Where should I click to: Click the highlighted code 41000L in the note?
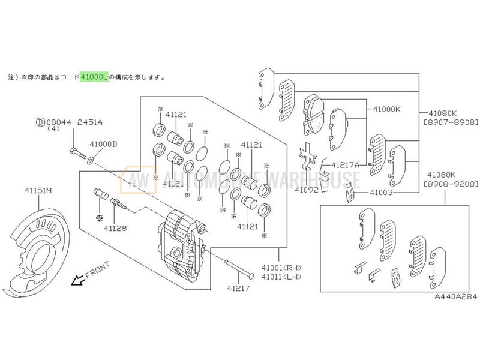(94, 77)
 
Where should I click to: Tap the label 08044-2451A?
(75, 122)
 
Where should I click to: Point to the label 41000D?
(103, 144)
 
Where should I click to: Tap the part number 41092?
(306, 190)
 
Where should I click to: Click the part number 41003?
(381, 193)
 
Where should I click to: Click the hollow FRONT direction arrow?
(77, 281)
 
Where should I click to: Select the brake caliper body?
(182, 243)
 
